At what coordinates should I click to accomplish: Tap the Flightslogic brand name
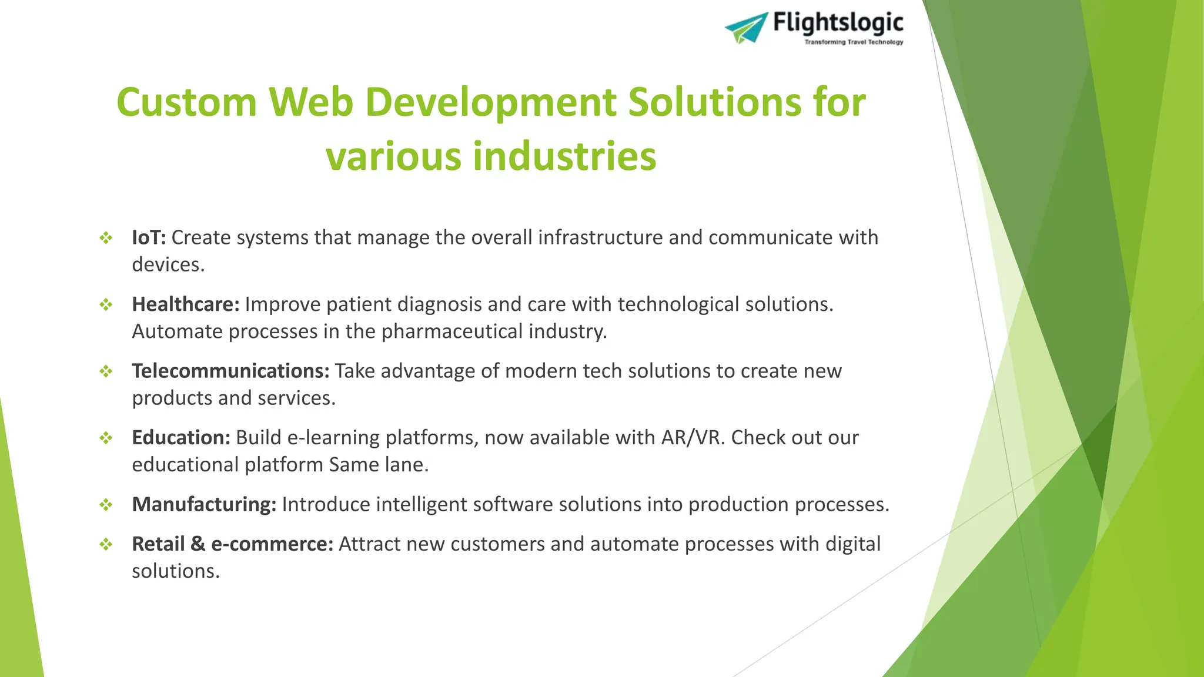[x=838, y=23]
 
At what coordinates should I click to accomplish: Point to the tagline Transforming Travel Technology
[x=854, y=42]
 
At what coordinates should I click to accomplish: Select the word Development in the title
[x=490, y=102]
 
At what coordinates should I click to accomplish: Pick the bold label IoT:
[x=149, y=237]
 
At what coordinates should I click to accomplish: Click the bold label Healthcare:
[x=185, y=304]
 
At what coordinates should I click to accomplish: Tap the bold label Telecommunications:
[x=230, y=371]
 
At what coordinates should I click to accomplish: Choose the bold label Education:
[x=180, y=438]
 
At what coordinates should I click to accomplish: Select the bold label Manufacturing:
[x=203, y=504]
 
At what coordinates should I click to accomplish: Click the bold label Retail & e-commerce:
[x=232, y=544]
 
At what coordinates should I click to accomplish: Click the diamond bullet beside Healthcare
[x=106, y=304]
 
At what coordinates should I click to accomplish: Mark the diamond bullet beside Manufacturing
[x=106, y=505]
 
